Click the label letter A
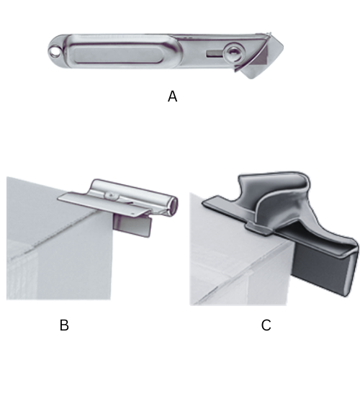172,96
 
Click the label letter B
64,325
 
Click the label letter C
266,325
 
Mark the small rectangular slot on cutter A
213,53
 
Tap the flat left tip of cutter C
213,203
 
